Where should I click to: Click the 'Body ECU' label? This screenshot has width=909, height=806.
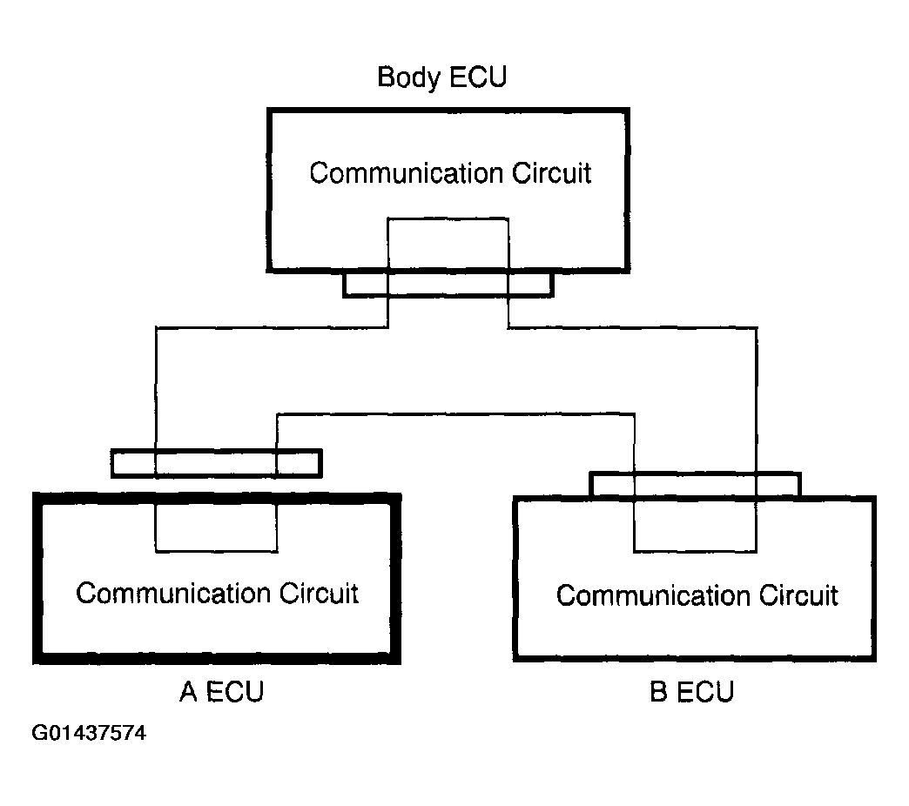441,77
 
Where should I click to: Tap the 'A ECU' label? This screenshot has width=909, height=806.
221,691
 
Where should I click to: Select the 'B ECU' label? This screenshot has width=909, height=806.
691,691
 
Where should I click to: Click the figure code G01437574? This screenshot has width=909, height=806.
89,733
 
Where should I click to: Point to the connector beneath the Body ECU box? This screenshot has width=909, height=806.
448,285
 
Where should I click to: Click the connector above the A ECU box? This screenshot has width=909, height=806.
216,464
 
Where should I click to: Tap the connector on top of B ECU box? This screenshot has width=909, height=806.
695,485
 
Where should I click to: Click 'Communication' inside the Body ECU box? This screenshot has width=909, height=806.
406,173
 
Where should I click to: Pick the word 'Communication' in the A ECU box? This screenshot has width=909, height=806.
172,594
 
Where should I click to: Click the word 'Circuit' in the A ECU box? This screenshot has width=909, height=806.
319,594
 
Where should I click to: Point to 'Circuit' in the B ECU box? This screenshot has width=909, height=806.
798,595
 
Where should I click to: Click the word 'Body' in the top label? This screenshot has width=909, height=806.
408,77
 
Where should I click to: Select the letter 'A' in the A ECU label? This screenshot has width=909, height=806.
188,691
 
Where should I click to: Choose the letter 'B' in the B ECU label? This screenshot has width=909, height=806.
658,691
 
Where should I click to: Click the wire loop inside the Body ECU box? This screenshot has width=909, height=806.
448,219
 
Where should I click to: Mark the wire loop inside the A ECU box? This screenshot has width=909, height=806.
216,551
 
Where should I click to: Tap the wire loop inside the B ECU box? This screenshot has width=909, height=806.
695,551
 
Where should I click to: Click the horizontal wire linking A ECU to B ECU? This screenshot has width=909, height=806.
455,414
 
